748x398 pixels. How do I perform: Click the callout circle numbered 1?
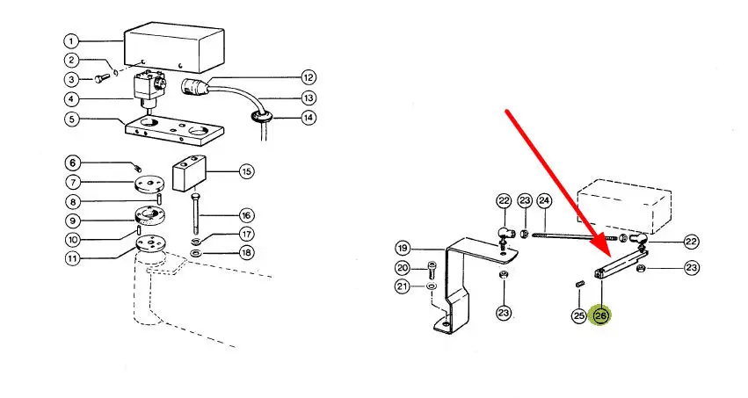71,40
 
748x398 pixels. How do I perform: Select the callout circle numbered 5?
71,118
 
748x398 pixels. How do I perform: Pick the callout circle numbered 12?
308,76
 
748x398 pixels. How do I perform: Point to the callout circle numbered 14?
308,118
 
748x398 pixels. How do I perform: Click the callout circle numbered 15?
247,171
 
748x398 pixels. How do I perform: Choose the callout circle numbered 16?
247,215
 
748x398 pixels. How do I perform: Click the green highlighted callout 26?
601,315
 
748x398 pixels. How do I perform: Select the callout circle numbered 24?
544,201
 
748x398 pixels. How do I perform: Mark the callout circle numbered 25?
578,315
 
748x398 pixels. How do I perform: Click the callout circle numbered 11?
71,258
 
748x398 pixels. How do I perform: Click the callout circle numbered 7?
71,183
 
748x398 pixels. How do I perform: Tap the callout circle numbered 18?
247,254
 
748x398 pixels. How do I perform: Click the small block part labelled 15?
189,173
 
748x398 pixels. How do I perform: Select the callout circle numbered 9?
71,221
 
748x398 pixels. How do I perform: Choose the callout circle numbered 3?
71,79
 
